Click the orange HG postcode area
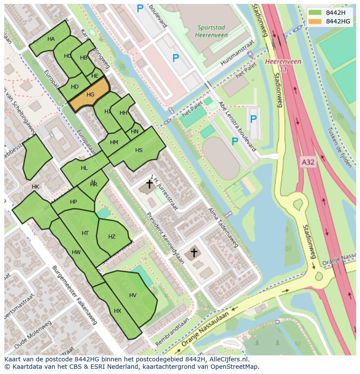(90, 95)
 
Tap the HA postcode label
(51, 39)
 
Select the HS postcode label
(139, 150)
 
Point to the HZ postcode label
(112, 237)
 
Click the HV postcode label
(133, 295)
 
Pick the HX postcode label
(117, 311)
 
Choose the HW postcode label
(76, 252)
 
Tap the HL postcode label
(84, 168)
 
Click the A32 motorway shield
(308, 162)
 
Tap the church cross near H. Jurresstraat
(149, 184)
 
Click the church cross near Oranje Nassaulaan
(194, 252)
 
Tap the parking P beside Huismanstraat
(176, 58)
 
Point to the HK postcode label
(35, 187)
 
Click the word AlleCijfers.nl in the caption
(227, 359)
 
